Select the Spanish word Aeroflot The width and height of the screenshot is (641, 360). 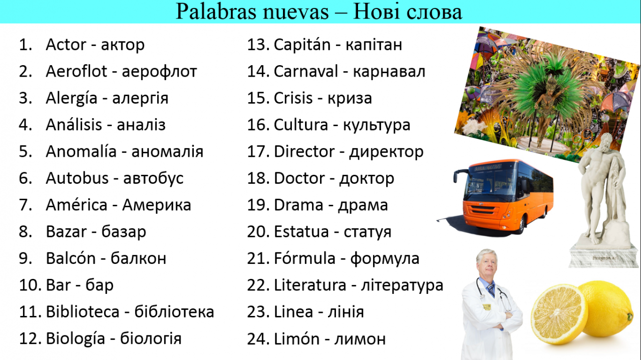pyautogui.click(x=77, y=71)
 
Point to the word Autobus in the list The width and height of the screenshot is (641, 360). pyautogui.click(x=77, y=178)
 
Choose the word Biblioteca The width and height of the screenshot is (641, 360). pyautogui.click(x=83, y=311)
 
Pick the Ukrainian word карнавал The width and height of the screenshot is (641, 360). pyautogui.click(x=389, y=72)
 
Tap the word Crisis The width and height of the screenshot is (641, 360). pyautogui.click(x=293, y=98)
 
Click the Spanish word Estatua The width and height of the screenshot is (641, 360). pyautogui.click(x=301, y=231)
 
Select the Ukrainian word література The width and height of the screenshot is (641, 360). pyautogui.click(x=402, y=286)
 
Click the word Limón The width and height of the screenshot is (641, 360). pyautogui.click(x=297, y=338)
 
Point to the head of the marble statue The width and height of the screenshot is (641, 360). pyautogui.click(x=606, y=142)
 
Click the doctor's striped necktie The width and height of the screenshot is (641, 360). pyautogui.click(x=491, y=290)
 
